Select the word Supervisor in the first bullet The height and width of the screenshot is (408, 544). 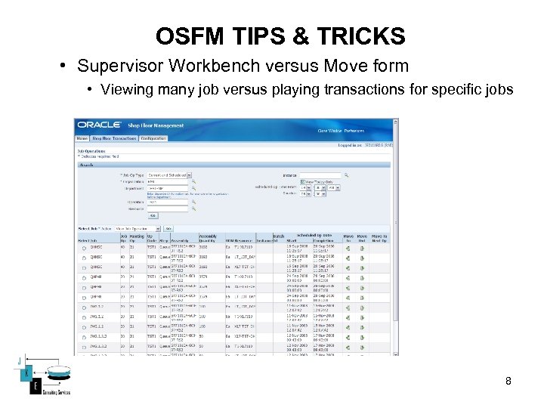click(116, 66)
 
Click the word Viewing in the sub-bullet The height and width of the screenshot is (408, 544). click(125, 90)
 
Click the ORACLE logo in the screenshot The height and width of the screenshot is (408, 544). click(99, 125)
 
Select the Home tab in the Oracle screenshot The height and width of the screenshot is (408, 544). click(82, 138)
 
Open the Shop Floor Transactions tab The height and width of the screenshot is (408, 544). click(114, 138)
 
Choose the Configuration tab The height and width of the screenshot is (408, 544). click(153, 138)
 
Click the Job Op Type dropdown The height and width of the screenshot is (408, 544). click(169, 175)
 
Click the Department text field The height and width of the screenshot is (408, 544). click(168, 189)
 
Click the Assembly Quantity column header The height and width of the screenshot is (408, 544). click(209, 239)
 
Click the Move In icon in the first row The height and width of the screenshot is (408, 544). click(348, 247)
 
